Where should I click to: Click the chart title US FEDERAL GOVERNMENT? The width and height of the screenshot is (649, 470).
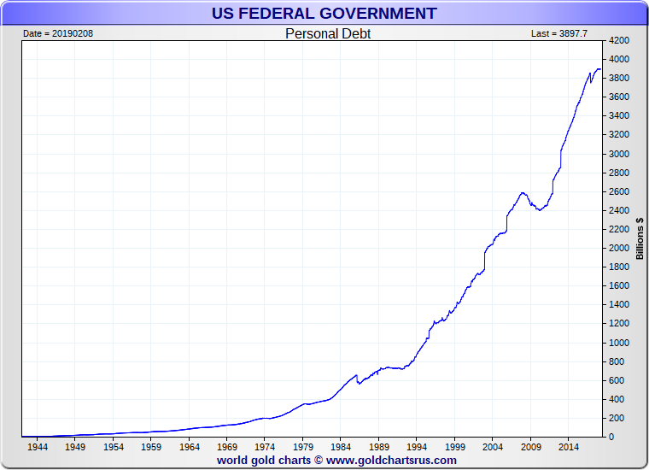pyautogui.click(x=324, y=14)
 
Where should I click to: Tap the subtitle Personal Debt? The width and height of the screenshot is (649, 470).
pyautogui.click(x=327, y=34)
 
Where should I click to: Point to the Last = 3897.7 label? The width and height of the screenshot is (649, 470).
pyautogui.click(x=559, y=33)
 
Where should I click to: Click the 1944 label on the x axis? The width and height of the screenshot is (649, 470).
pyautogui.click(x=37, y=446)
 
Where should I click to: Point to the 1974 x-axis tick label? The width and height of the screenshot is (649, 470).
pyautogui.click(x=265, y=446)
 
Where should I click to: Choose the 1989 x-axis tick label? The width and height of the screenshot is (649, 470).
pyautogui.click(x=379, y=446)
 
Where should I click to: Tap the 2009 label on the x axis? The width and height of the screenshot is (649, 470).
pyautogui.click(x=531, y=446)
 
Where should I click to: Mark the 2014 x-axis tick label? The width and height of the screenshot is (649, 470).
pyautogui.click(x=569, y=446)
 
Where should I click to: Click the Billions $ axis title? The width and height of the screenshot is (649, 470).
pyautogui.click(x=640, y=238)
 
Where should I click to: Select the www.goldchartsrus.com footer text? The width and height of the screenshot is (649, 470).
pyautogui.click(x=391, y=460)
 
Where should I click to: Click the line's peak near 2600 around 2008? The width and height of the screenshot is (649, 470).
pyautogui.click(x=522, y=192)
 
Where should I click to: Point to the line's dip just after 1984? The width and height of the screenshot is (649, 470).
pyautogui.click(x=359, y=384)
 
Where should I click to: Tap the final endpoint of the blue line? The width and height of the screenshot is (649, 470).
pyautogui.click(x=600, y=68)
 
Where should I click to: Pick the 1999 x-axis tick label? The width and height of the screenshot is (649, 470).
pyautogui.click(x=455, y=446)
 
